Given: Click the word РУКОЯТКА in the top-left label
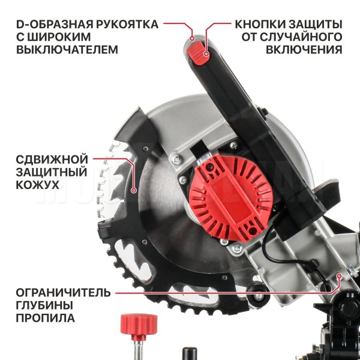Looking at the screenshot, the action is click(x=127, y=24).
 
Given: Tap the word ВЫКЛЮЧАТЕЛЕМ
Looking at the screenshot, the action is click(x=67, y=49).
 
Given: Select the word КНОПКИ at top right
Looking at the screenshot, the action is click(x=260, y=24).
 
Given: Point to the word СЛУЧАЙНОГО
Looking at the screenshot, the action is click(x=302, y=37).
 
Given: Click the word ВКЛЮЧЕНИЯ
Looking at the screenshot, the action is click(x=304, y=49).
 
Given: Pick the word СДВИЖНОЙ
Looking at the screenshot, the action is click(x=52, y=159).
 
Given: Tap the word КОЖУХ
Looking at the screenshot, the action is click(x=37, y=185).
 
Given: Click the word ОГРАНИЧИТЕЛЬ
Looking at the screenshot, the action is click(x=63, y=293).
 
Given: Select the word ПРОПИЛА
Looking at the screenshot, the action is click(x=45, y=318).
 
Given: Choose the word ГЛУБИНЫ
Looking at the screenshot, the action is click(x=44, y=305).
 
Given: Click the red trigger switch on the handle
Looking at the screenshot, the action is click(x=197, y=53).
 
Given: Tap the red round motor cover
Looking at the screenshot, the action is click(x=231, y=197).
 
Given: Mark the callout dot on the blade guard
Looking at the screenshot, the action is click(x=134, y=190).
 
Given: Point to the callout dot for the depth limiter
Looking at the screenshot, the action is click(x=339, y=275).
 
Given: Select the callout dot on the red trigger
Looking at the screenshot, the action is click(x=206, y=54).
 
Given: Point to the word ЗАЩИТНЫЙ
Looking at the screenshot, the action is click(x=52, y=172).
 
